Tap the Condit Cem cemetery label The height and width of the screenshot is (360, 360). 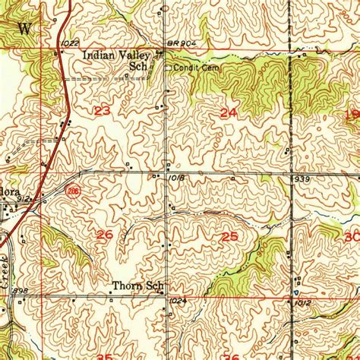click(x=191, y=68)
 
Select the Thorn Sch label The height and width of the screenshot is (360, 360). click(x=137, y=287)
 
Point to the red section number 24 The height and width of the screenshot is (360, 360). click(x=227, y=112)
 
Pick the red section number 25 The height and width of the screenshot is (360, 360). click(x=229, y=237)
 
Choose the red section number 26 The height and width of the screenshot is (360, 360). click(x=105, y=235)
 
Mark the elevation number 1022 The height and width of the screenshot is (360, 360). click(x=71, y=43)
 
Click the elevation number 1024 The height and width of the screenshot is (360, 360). click(x=178, y=302)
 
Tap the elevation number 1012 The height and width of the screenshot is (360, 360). click(x=305, y=302)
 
